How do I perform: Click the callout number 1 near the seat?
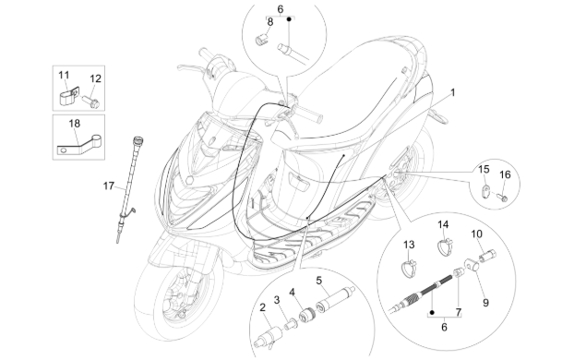click(452, 93)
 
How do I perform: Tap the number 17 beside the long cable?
click(110, 186)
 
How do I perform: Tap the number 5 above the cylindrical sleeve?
click(318, 280)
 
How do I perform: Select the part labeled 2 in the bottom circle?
click(273, 329)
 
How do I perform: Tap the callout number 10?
click(478, 234)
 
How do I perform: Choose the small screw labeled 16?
click(504, 196)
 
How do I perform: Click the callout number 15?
click(483, 169)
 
